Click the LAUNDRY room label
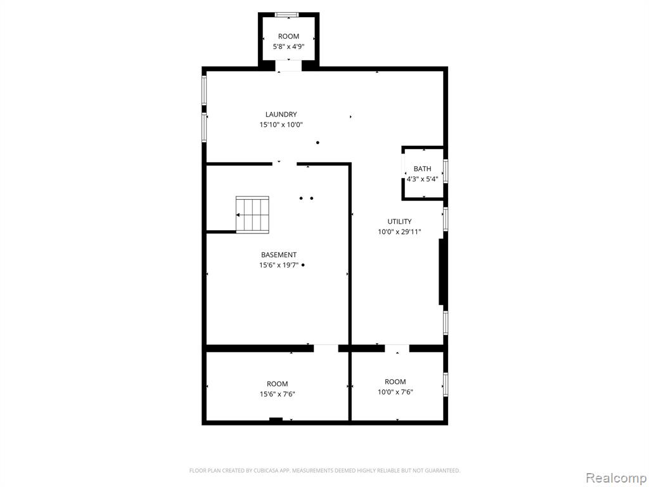pyautogui.click(x=281, y=114)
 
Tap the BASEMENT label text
pyautogui.click(x=279, y=255)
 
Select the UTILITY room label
pyautogui.click(x=399, y=221)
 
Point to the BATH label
pyautogui.click(x=422, y=169)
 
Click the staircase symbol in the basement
pyautogui.click(x=252, y=215)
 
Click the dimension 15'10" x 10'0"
pyautogui.click(x=281, y=125)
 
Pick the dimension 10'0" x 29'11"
pyautogui.click(x=399, y=232)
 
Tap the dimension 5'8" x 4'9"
pyautogui.click(x=288, y=47)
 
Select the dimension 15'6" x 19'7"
pyautogui.click(x=279, y=266)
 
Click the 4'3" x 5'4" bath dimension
pyautogui.click(x=422, y=179)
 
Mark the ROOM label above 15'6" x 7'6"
pyautogui.click(x=278, y=384)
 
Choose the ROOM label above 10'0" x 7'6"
pyautogui.click(x=395, y=382)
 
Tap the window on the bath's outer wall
pyautogui.click(x=446, y=171)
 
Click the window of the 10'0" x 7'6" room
pyautogui.click(x=446, y=385)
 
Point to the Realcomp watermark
pyautogui.click(x=616, y=477)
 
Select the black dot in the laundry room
pyautogui.click(x=318, y=143)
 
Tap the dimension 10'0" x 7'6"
pyautogui.click(x=395, y=392)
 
